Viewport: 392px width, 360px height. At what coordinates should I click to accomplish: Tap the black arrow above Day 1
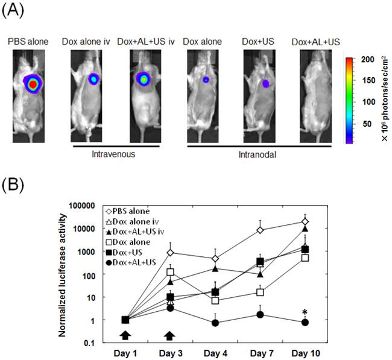[x=125, y=335]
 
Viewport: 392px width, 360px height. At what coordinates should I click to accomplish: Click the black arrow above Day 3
[x=171, y=335]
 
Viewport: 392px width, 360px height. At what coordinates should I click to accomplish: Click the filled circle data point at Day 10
[x=305, y=322]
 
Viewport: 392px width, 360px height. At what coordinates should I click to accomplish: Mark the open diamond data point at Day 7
[x=260, y=230]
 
